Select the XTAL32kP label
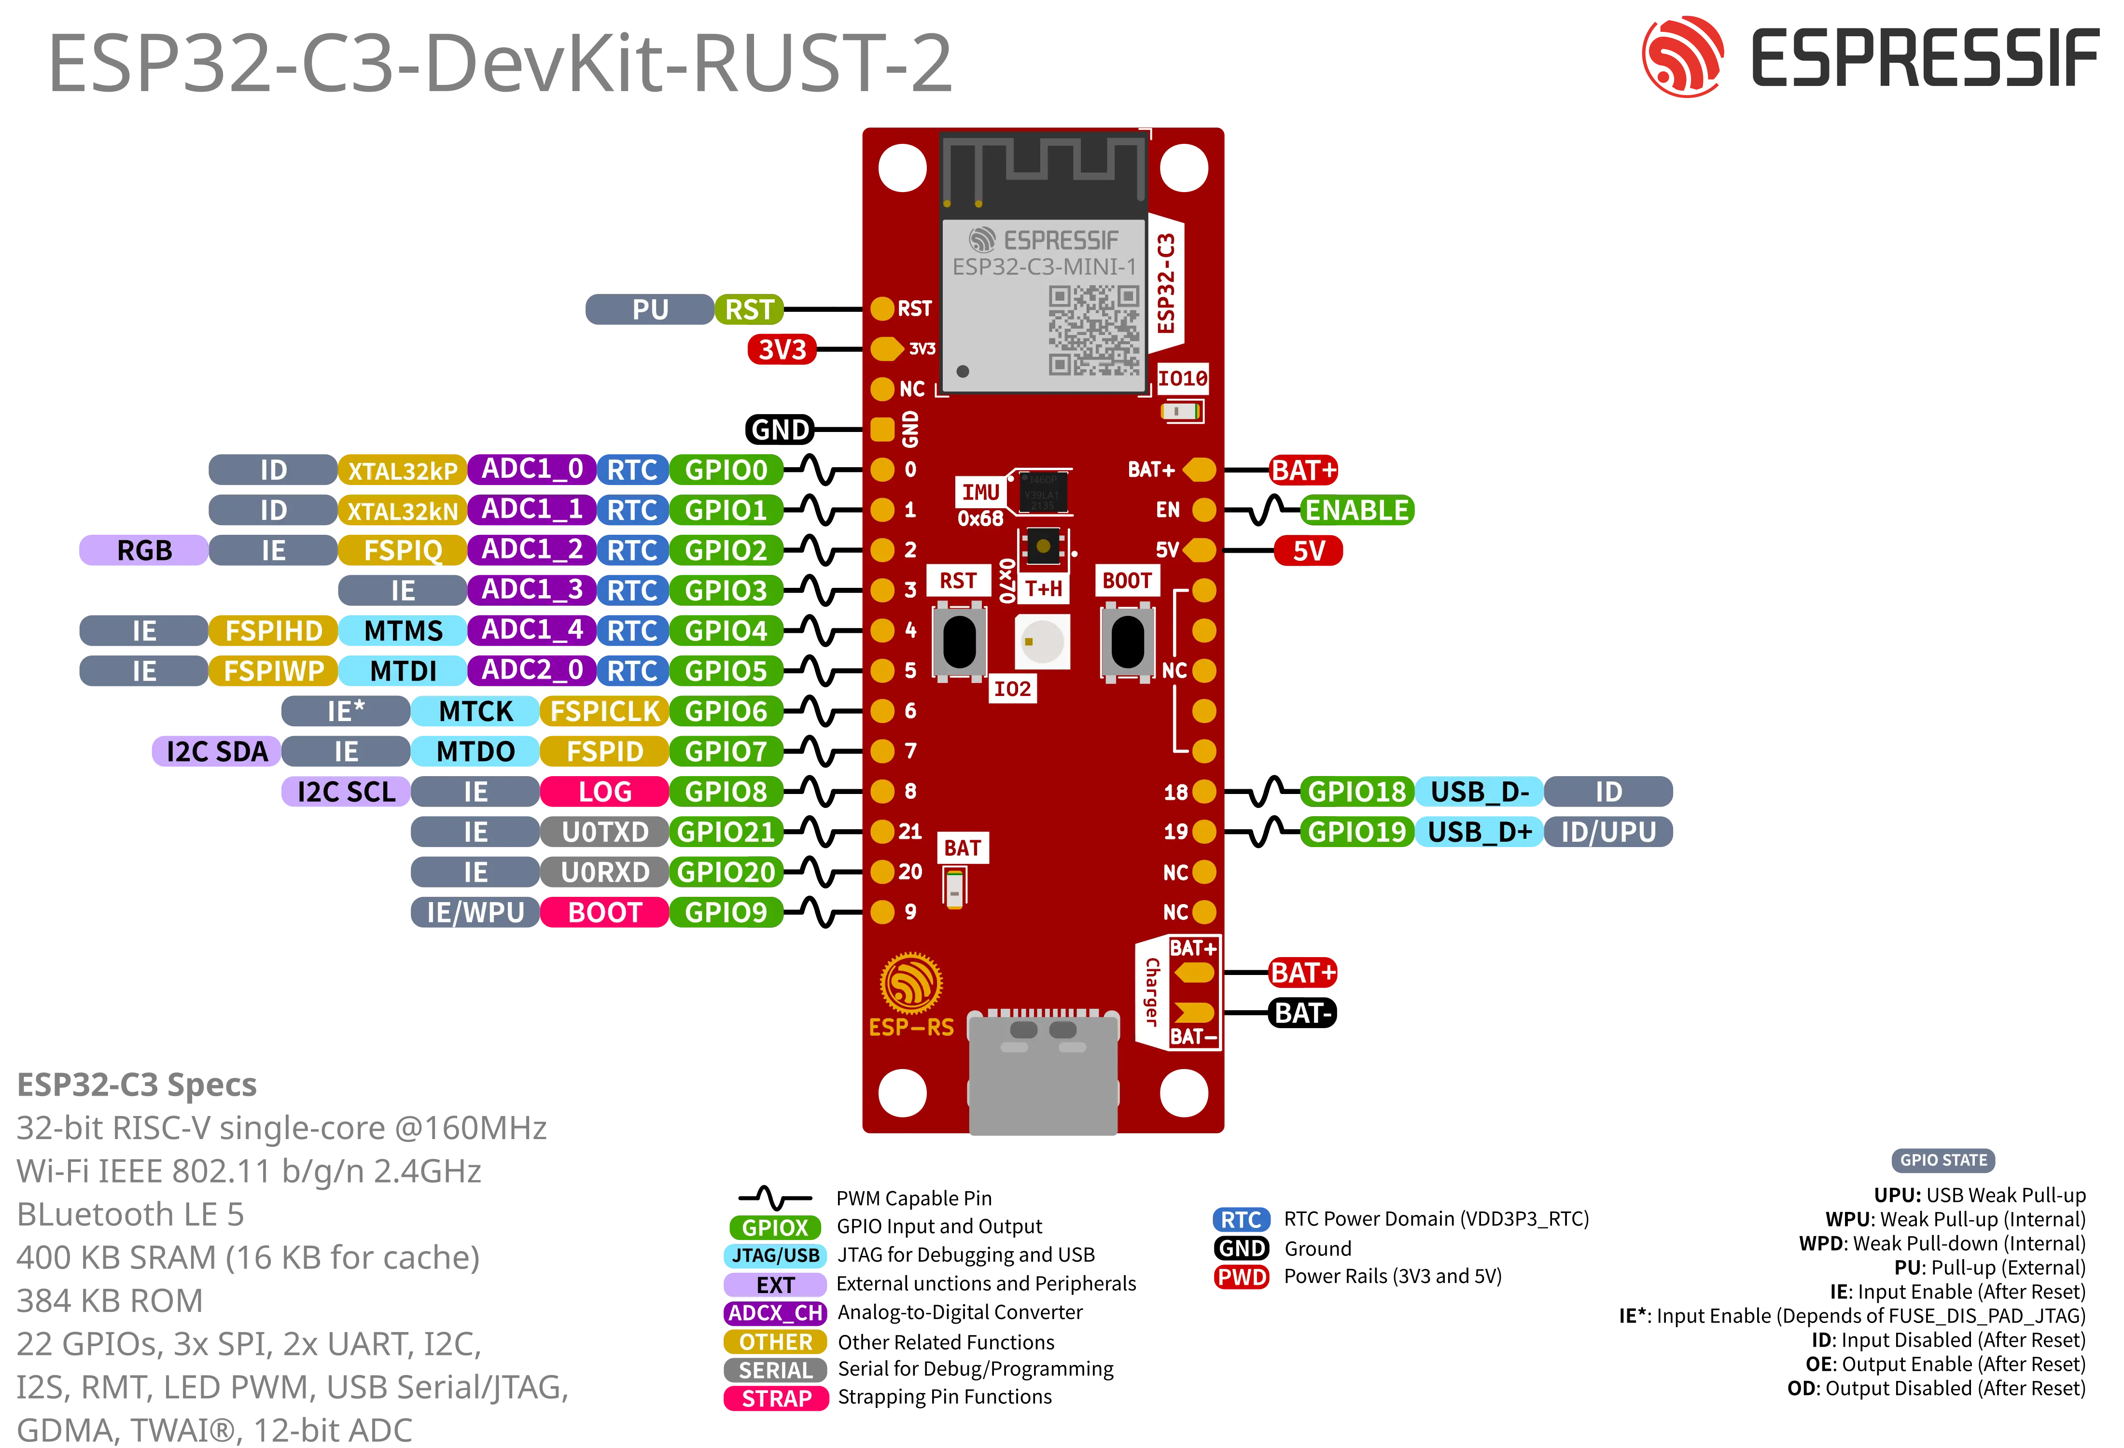402,471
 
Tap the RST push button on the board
959,642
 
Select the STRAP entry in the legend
776,1399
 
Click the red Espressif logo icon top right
1683,56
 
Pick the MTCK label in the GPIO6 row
475,711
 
